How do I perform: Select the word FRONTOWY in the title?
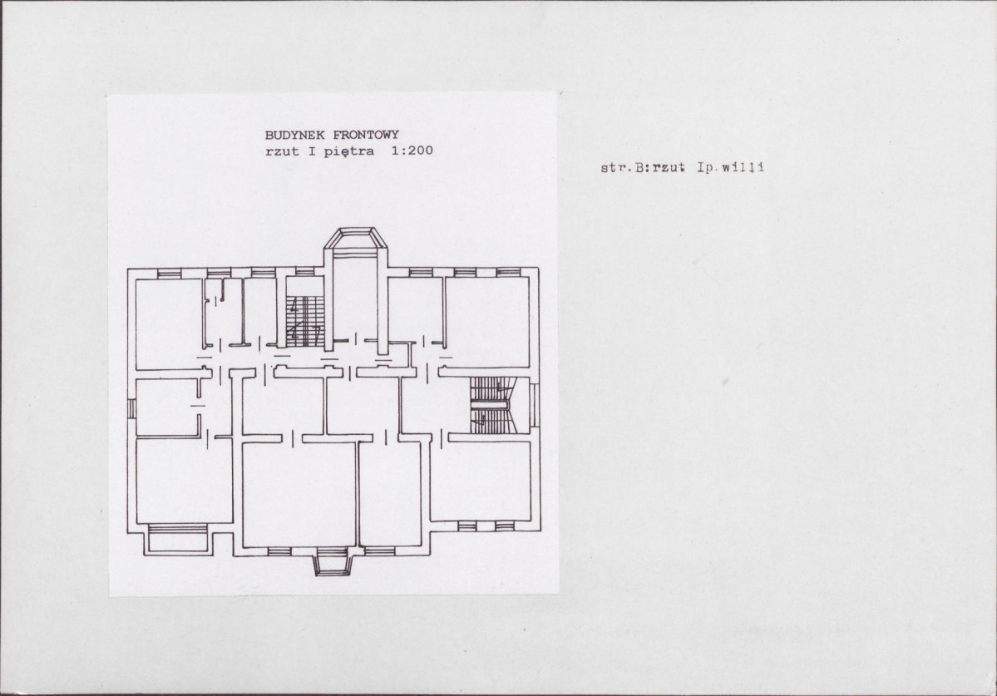pyautogui.click(x=366, y=135)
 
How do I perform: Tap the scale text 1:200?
pyautogui.click(x=412, y=151)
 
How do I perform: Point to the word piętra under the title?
pyautogui.click(x=349, y=152)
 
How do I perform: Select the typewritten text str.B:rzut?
pyautogui.click(x=643, y=168)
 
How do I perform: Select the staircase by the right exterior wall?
pyautogui.click(x=490, y=405)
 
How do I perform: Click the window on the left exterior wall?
pyautogui.click(x=131, y=408)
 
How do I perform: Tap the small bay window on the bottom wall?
pyautogui.click(x=333, y=562)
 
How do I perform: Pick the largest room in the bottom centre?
pyautogui.click(x=299, y=494)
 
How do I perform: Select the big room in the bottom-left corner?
pyautogui.click(x=184, y=481)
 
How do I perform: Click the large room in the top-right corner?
pyautogui.click(x=487, y=323)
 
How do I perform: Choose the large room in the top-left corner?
pyautogui.click(x=169, y=323)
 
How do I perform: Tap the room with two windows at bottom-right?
pyautogui.click(x=481, y=481)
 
